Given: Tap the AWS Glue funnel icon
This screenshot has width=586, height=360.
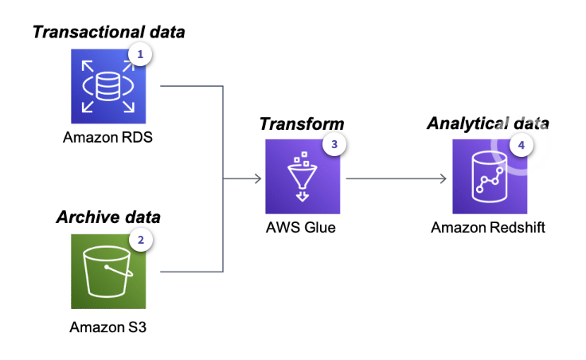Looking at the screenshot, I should (x=302, y=176).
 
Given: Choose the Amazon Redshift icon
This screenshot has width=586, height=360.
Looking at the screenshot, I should (x=490, y=176).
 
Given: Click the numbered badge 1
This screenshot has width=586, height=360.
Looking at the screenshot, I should (x=141, y=55).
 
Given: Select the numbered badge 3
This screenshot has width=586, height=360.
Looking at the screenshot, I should (x=335, y=145).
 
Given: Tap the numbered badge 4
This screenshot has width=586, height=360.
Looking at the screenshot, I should (x=522, y=146).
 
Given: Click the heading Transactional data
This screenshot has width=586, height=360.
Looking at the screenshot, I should (x=107, y=32).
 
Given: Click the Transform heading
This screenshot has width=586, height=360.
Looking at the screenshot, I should (x=302, y=123).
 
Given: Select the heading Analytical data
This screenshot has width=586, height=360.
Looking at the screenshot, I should (x=488, y=123).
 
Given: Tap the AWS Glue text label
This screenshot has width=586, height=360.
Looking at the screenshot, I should (x=302, y=228).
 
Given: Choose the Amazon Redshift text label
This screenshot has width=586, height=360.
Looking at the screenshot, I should (x=489, y=228).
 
